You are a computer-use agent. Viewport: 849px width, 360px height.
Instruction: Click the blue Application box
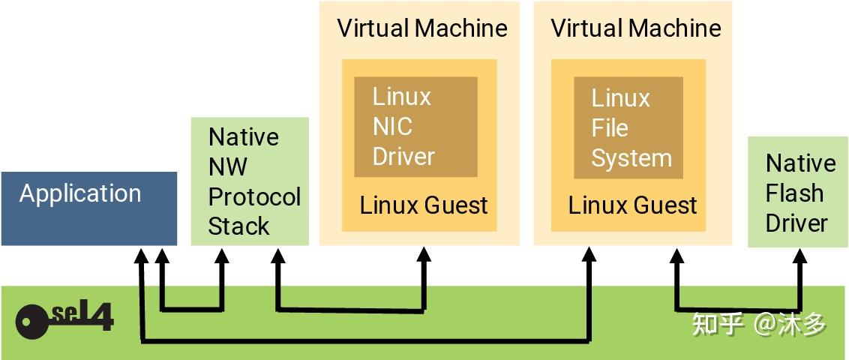point(88,208)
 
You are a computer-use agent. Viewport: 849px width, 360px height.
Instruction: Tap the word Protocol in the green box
point(254,197)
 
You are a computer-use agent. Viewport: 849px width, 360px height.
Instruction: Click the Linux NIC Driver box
point(415,127)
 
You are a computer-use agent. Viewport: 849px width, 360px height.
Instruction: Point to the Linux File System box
point(628,127)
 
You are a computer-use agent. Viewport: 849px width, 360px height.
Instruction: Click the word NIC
point(392,127)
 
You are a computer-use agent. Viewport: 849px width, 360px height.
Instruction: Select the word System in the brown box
point(631,158)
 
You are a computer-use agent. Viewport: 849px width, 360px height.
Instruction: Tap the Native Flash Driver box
point(798,192)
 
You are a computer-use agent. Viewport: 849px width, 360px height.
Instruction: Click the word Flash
point(794,193)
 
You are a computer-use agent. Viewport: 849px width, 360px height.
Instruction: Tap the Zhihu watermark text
point(759,324)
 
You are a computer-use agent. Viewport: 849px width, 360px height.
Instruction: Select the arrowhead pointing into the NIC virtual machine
point(424,256)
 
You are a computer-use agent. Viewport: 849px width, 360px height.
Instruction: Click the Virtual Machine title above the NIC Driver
point(422,28)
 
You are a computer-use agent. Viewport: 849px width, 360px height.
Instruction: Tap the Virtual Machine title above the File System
point(636,28)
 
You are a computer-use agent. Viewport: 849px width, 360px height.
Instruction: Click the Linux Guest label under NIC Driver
point(424,205)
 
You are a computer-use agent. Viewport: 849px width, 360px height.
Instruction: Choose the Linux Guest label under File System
point(632,205)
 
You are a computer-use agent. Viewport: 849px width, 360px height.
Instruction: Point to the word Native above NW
point(244,137)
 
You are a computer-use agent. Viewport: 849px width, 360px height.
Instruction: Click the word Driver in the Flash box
point(797,223)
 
